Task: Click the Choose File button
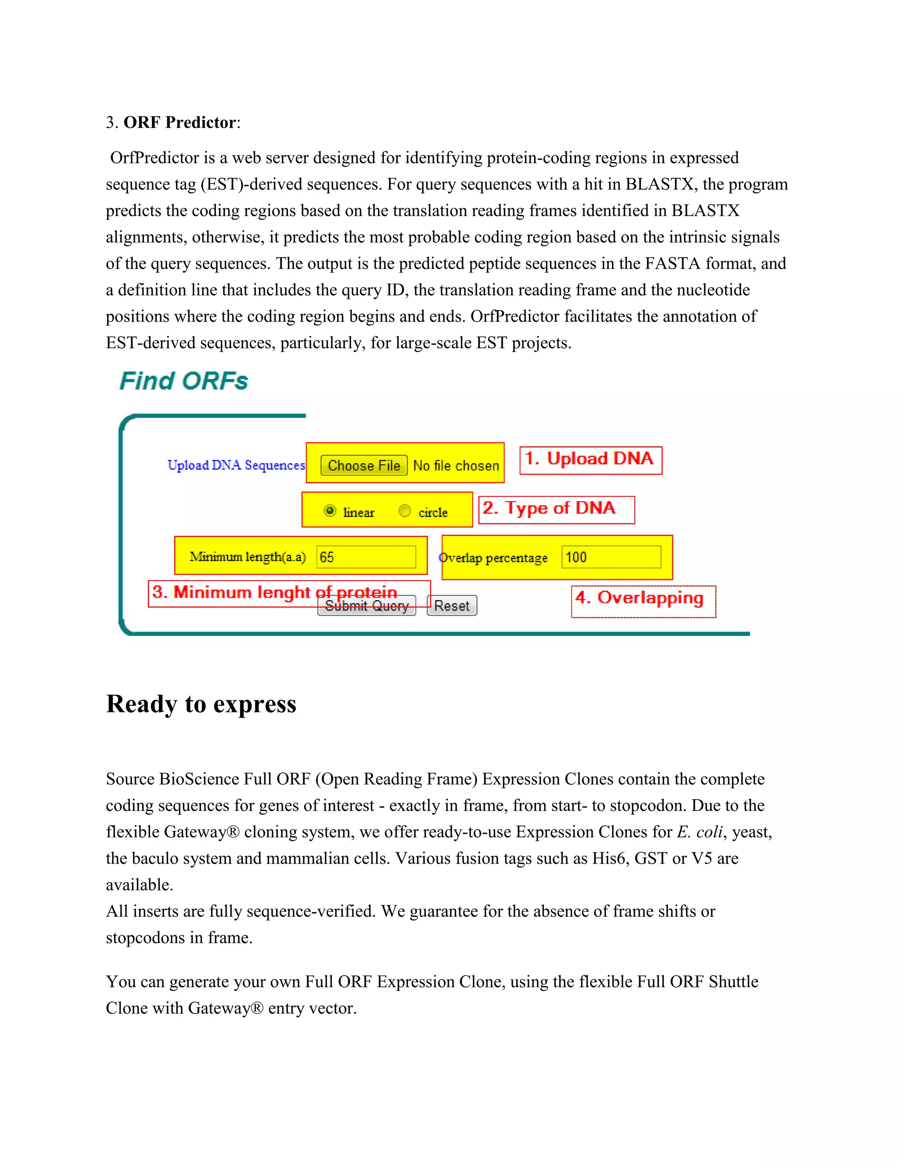coord(364,465)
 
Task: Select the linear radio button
coord(330,511)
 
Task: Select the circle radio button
coord(405,511)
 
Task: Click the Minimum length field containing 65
coord(366,557)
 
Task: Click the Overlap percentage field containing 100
coord(611,557)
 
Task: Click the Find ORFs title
coord(184,381)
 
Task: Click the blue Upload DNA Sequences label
coord(236,465)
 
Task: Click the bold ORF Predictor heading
coord(180,122)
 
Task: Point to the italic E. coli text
coord(699,832)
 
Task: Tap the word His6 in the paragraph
coord(608,858)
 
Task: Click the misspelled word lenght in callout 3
coord(284,592)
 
